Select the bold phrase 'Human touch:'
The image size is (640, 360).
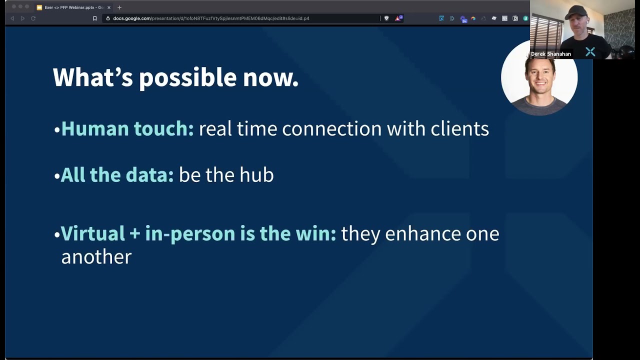tap(127, 129)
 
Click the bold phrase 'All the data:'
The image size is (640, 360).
tap(117, 175)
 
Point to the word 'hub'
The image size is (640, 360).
tap(256, 175)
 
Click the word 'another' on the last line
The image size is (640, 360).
tap(96, 257)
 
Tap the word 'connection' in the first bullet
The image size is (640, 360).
tap(331, 129)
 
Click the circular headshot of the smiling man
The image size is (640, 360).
tap(539, 80)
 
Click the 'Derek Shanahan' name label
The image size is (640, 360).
tap(550, 54)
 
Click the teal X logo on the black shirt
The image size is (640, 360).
tap(590, 51)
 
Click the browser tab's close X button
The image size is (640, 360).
tap(109, 7)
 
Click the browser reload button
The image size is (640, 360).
tap(33, 18)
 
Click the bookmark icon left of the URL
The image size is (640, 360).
tap(94, 18)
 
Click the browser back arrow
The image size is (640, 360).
tap(12, 18)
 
